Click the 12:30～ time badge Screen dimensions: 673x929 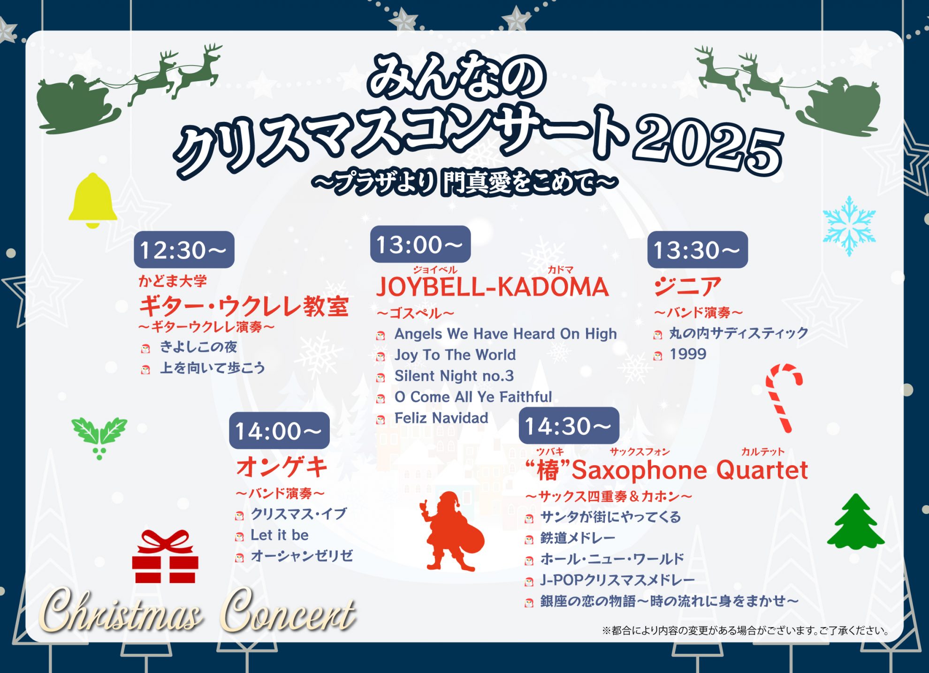point(184,250)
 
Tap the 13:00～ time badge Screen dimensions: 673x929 point(420,244)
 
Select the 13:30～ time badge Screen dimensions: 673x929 point(697,250)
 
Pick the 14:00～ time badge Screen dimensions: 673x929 point(279,431)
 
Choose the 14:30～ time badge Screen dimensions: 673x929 point(569,426)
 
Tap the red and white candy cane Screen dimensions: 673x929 point(783,397)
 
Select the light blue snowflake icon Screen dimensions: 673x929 point(849,226)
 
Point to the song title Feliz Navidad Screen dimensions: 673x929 point(441,418)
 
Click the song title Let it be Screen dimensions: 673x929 point(280,535)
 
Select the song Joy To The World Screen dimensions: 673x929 point(455,355)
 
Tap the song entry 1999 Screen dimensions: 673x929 point(687,354)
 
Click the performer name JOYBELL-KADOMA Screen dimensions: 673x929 point(492,287)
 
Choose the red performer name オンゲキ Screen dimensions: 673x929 point(282,467)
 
